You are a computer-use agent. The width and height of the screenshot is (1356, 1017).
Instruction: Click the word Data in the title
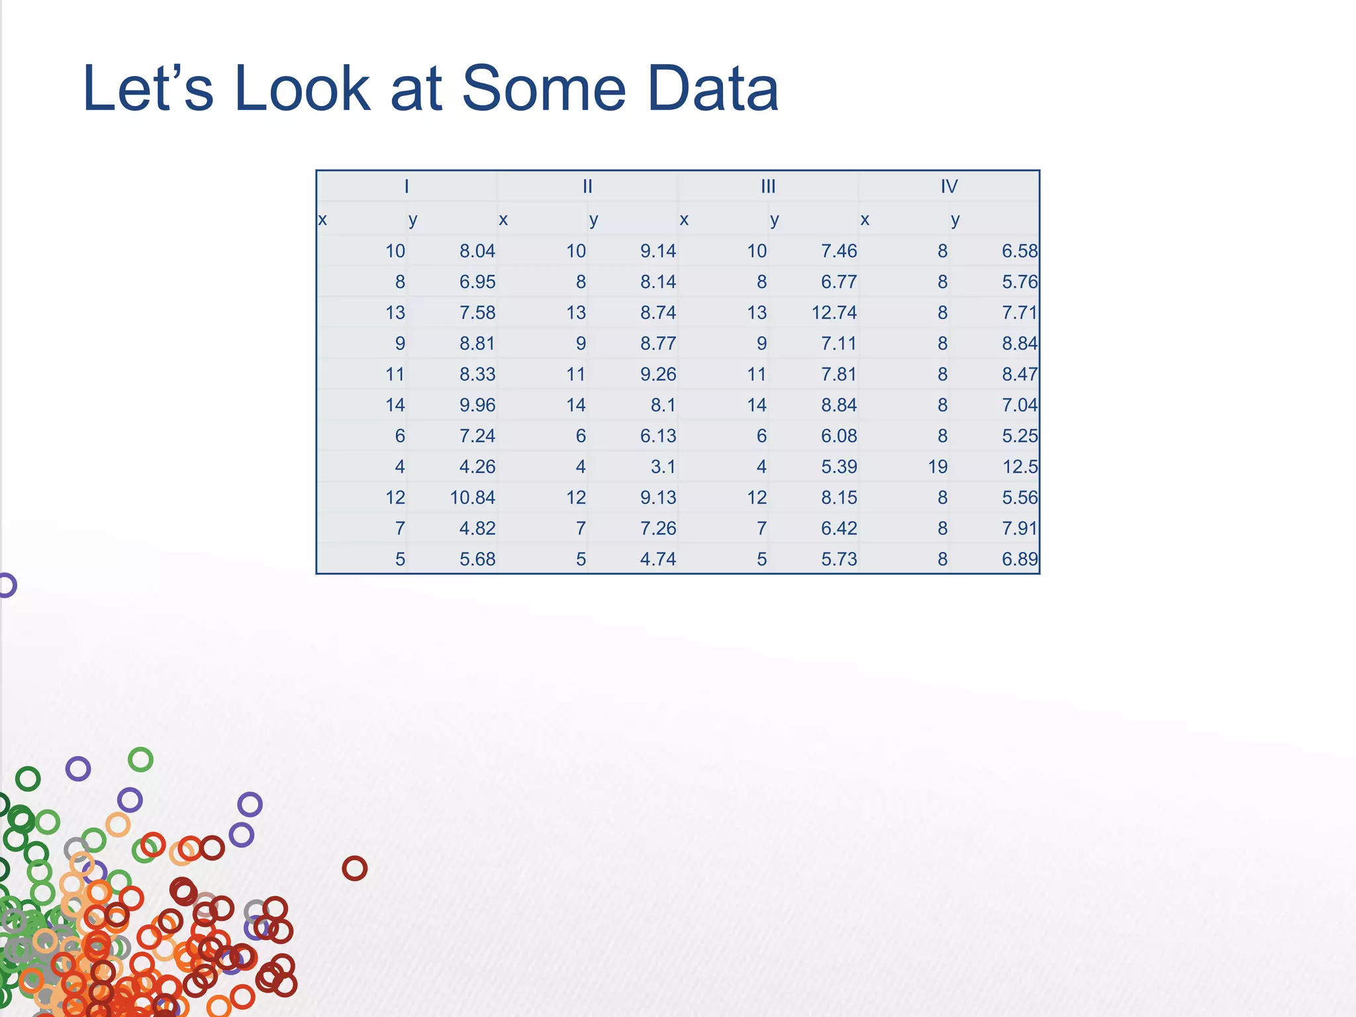tap(712, 89)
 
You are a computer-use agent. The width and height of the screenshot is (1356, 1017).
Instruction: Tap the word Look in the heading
tap(302, 89)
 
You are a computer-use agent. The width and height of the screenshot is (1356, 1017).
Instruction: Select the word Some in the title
tap(543, 89)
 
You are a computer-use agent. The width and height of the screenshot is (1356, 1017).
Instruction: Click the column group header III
tap(768, 187)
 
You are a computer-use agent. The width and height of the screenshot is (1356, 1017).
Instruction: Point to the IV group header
tap(949, 187)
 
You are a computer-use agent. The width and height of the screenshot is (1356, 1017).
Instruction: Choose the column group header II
tap(587, 187)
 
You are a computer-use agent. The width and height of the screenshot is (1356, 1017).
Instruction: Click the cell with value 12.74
tap(834, 313)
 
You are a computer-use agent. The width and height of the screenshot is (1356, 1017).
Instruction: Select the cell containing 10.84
tap(472, 497)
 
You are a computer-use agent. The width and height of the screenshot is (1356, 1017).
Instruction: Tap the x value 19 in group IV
tap(938, 467)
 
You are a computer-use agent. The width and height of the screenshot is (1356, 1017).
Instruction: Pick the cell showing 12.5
tap(1020, 467)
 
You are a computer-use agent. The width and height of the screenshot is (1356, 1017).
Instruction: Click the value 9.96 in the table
tap(477, 405)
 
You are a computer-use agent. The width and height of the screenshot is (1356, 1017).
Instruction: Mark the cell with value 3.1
tap(663, 467)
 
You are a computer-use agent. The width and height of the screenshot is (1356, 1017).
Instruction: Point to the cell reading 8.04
tap(477, 251)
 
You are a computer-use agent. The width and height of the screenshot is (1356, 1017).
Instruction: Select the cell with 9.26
tap(658, 374)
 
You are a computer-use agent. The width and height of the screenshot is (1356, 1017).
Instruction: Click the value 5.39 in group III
tap(839, 467)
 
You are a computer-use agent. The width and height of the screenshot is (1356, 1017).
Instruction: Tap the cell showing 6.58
tap(1020, 251)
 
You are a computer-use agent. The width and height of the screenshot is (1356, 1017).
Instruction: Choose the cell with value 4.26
tap(477, 467)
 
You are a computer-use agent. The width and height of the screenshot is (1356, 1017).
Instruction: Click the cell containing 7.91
tap(1020, 528)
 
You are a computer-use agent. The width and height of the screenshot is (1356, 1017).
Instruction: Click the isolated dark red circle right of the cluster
tap(354, 868)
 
